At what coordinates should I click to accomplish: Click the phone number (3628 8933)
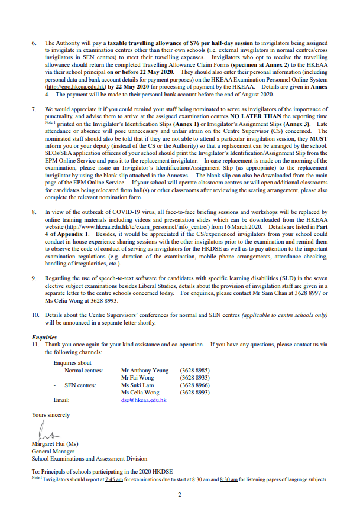[194, 378]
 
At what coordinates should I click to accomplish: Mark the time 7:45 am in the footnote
[114, 479]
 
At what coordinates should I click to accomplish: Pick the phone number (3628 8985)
[194, 371]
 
